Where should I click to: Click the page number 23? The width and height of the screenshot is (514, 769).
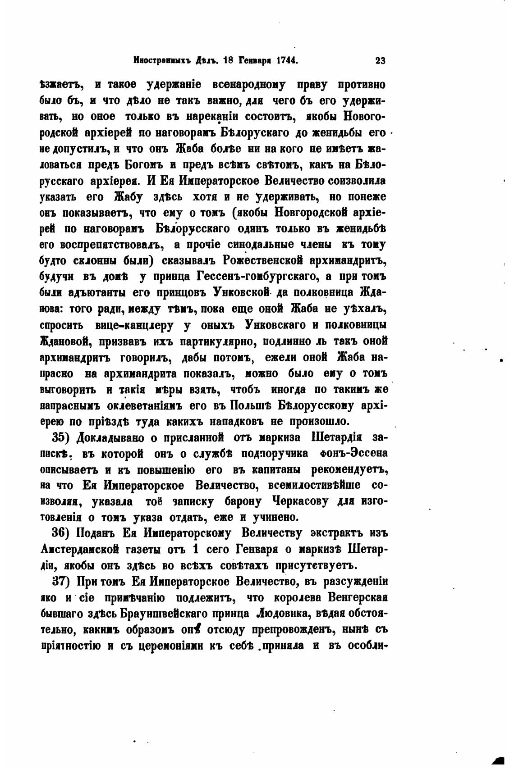380,61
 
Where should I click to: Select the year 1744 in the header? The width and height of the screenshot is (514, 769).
285,61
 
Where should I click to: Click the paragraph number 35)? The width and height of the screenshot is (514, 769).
62,437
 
